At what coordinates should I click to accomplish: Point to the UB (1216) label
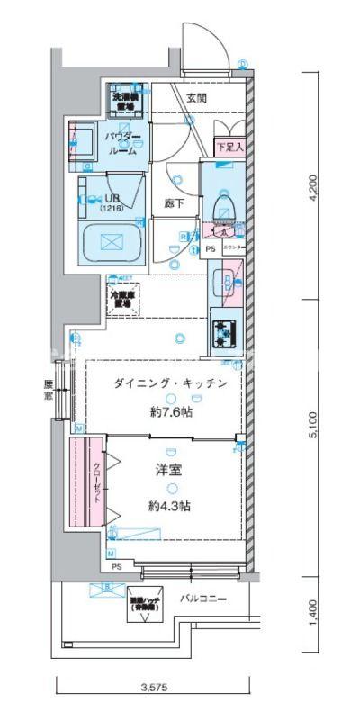pyautogui.click(x=113, y=201)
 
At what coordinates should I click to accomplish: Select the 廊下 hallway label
pyautogui.click(x=175, y=203)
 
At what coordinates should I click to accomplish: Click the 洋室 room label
pyautogui.click(x=169, y=470)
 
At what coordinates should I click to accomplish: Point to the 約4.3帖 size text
pyautogui.click(x=169, y=506)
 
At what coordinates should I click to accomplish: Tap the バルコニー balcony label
pyautogui.click(x=202, y=598)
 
